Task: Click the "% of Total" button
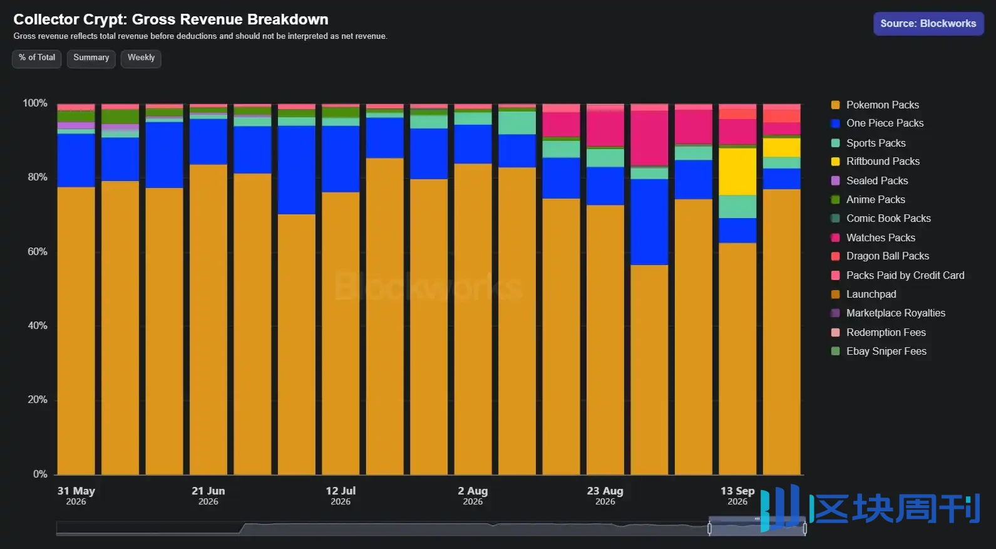pyautogui.click(x=36, y=58)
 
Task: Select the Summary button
pyautogui.click(x=91, y=58)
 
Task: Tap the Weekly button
pyautogui.click(x=141, y=58)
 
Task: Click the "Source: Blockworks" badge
pyautogui.click(x=928, y=24)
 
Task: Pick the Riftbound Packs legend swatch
pyautogui.click(x=836, y=162)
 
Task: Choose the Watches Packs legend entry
pyautogui.click(x=873, y=238)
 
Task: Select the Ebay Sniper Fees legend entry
pyautogui.click(x=878, y=352)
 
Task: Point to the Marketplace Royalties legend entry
pyautogui.click(x=888, y=313)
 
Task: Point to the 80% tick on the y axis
pyautogui.click(x=38, y=177)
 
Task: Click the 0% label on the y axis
pyautogui.click(x=40, y=474)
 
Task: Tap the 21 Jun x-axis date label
pyautogui.click(x=208, y=496)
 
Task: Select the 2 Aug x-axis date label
pyautogui.click(x=473, y=496)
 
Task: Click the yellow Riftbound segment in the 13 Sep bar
pyautogui.click(x=737, y=172)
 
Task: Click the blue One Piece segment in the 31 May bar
pyautogui.click(x=76, y=160)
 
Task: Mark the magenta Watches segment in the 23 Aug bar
pyautogui.click(x=605, y=128)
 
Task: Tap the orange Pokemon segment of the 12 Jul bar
pyautogui.click(x=341, y=333)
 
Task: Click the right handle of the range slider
pyautogui.click(x=805, y=528)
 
